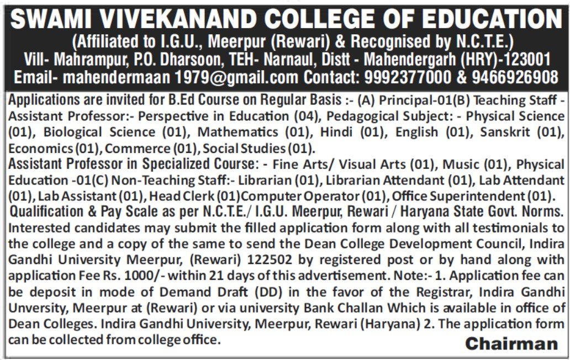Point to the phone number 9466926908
coord(515,76)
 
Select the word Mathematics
coord(238,133)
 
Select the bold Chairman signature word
coord(511,344)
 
